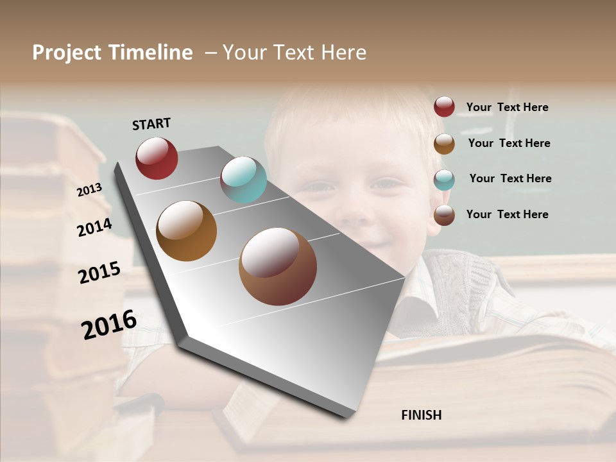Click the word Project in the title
coord(67,53)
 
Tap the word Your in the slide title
coord(244,53)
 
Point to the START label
coord(151,124)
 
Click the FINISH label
coord(422,415)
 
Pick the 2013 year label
coord(89,190)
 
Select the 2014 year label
coord(94,227)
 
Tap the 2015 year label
coord(99,273)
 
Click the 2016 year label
coord(109,325)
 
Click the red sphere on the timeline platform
coord(157,158)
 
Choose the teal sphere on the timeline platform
coord(243,180)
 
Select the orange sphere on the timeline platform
coord(187,231)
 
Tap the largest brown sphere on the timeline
coord(278,266)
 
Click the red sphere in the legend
coord(444,107)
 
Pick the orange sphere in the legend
coord(444,144)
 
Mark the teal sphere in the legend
coord(444,180)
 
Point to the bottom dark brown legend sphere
coord(444,215)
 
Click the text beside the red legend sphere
coord(507,108)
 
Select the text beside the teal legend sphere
coord(510,178)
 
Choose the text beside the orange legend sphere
coord(509,143)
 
